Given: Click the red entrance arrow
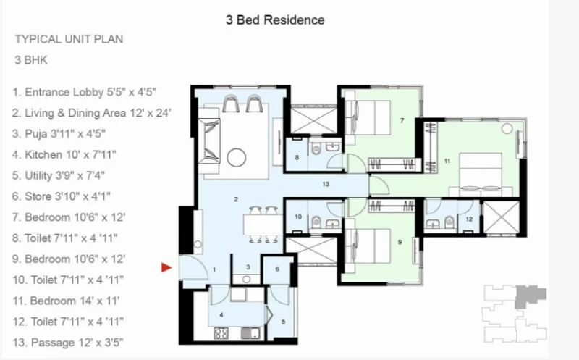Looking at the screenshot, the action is coord(166,267).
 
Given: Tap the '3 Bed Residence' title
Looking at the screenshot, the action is coord(275,20).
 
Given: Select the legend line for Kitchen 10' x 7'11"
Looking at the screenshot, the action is coord(64,154).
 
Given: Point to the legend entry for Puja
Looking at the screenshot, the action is coord(59,133).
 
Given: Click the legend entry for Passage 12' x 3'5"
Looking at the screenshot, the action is coord(68,343).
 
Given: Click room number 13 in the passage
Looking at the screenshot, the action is coord(325,184).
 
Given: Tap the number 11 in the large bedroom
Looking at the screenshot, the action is coord(447,161).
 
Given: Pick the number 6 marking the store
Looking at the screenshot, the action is coord(277,269).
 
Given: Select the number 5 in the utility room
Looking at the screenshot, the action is coord(283,322).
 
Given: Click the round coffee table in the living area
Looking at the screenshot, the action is coord(237,158).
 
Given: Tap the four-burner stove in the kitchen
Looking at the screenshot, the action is coord(221,333).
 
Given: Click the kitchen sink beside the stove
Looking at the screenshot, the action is coord(250,333).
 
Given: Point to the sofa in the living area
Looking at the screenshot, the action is coord(209,141).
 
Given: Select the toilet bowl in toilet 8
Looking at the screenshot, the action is coord(316,149).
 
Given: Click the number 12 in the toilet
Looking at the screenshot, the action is coord(469,219).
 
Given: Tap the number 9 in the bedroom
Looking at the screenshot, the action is coord(400,242).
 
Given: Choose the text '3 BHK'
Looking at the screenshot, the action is coord(31,60).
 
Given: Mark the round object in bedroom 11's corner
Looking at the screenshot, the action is coord(507,129).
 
